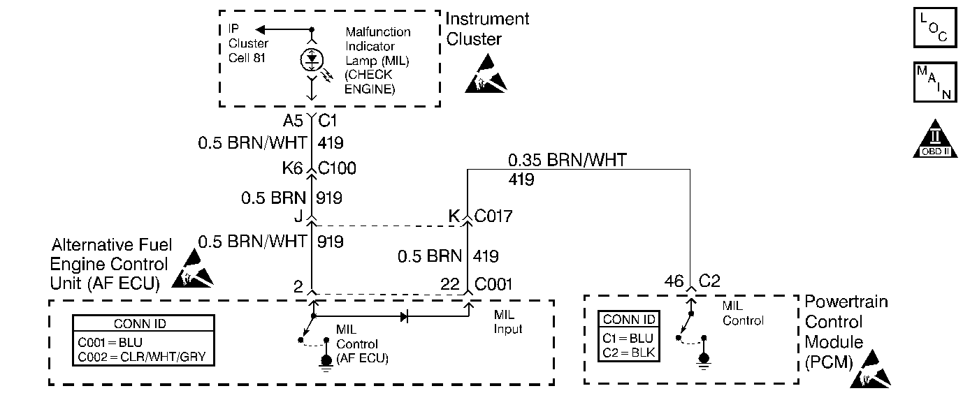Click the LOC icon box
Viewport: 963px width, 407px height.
click(x=934, y=27)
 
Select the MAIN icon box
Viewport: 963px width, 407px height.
click(x=934, y=82)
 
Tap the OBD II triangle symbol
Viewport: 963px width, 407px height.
click(x=935, y=139)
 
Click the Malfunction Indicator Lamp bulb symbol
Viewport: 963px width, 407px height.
click(x=312, y=59)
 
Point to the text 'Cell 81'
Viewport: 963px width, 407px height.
click(x=247, y=58)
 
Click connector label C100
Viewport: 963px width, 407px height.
click(x=337, y=168)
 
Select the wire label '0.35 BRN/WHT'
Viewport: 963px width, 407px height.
click(x=567, y=160)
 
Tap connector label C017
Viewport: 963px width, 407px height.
click(x=493, y=216)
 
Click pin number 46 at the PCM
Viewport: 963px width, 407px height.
click(x=674, y=281)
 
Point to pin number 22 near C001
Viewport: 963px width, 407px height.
click(x=449, y=284)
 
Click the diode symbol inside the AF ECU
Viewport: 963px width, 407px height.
click(x=405, y=317)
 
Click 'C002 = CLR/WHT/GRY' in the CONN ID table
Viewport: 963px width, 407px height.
click(x=142, y=357)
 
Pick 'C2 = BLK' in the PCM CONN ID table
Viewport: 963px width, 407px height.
click(x=628, y=353)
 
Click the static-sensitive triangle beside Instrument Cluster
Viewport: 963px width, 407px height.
click(x=486, y=73)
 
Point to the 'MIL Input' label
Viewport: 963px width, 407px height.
click(x=508, y=322)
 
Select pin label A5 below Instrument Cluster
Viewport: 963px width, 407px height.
click(x=293, y=121)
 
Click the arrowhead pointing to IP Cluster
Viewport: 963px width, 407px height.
click(x=260, y=29)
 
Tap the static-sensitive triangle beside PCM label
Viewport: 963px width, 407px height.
click(x=871, y=369)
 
